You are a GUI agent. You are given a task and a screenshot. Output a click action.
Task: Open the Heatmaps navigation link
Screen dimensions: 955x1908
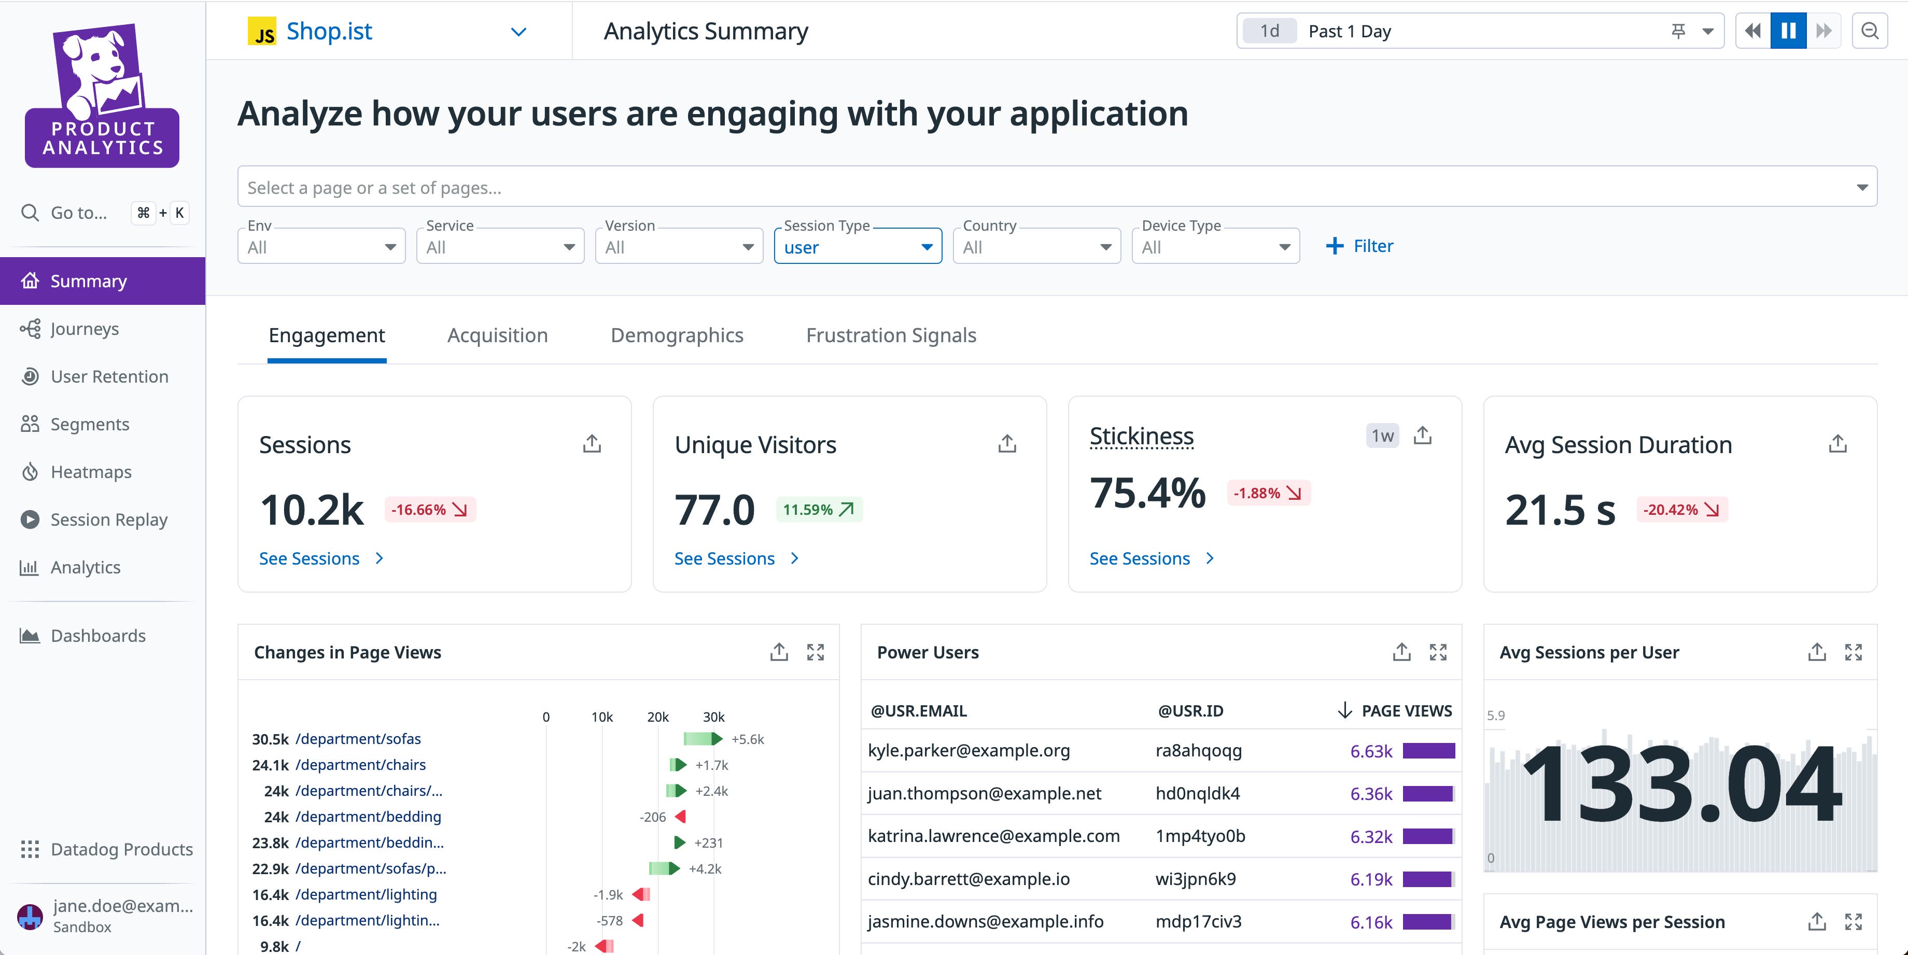90,472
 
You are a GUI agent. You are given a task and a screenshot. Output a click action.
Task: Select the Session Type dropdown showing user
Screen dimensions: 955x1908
857,247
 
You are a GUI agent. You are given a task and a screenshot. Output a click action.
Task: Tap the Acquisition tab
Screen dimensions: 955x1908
497,335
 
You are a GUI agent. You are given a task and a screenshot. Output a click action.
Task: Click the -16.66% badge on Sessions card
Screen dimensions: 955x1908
430,510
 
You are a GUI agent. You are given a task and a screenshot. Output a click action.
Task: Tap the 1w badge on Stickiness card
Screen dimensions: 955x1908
1381,436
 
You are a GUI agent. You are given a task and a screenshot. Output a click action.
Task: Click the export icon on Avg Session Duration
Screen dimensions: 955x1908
1837,444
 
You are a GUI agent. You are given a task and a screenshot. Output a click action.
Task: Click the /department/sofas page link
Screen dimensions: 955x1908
358,739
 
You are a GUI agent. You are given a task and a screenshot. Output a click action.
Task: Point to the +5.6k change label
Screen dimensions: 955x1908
747,739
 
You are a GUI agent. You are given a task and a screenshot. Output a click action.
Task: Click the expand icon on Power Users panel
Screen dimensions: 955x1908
1438,652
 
